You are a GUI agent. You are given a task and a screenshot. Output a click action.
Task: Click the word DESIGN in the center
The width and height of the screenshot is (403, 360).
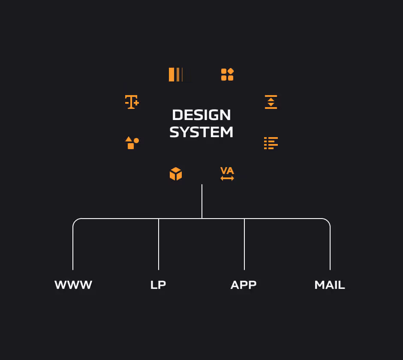(201, 115)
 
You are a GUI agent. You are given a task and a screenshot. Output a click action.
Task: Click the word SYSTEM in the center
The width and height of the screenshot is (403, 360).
(201, 132)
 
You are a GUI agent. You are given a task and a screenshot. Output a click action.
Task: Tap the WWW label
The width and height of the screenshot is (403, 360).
(73, 285)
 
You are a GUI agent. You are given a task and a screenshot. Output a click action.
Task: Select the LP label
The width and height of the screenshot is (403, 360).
(158, 285)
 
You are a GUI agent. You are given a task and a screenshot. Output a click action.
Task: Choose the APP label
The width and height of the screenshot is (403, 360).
(244, 285)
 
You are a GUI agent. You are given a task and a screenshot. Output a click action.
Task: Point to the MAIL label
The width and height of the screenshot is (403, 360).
(330, 285)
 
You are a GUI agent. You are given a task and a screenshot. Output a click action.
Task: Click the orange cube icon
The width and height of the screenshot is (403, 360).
(176, 174)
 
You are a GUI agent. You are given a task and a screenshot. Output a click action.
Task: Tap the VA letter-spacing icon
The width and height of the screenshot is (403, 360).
(227, 174)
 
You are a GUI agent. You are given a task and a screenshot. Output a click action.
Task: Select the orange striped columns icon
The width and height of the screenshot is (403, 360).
(176, 75)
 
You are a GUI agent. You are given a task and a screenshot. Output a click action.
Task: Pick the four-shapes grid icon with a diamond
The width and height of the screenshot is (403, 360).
(227, 75)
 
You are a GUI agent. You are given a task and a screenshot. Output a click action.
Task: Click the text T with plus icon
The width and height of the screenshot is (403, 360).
(132, 102)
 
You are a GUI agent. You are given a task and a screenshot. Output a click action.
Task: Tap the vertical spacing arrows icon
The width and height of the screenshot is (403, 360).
(271, 102)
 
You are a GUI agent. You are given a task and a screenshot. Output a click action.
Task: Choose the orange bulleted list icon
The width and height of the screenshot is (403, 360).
(271, 143)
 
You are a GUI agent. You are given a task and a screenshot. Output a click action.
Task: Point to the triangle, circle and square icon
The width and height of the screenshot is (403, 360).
(132, 143)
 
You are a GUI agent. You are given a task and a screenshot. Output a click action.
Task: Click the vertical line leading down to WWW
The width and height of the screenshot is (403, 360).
(73, 249)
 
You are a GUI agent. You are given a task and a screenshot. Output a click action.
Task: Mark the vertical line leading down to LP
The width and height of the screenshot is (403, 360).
(159, 244)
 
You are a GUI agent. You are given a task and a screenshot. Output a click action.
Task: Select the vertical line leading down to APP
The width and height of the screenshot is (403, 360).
(244, 244)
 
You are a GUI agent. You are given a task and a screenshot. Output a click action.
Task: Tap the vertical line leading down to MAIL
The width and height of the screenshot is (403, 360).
(330, 249)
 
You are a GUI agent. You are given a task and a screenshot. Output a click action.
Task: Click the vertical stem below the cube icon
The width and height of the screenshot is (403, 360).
(202, 201)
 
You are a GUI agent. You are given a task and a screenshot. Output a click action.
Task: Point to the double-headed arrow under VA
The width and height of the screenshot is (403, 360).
(227, 178)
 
